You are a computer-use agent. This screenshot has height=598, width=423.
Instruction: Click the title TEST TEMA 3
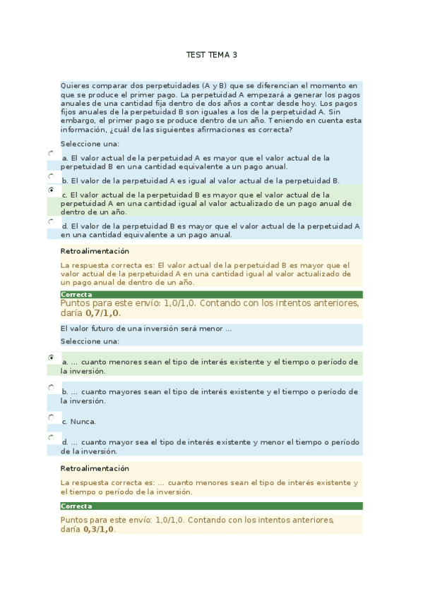pos(212,54)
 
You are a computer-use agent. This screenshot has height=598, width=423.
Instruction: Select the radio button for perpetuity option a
pos(51,153)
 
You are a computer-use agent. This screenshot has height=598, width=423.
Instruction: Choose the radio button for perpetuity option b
pos(51,176)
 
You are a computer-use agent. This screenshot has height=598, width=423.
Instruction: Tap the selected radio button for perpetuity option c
pos(51,190)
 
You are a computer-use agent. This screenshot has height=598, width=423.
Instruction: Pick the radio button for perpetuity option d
pos(51,221)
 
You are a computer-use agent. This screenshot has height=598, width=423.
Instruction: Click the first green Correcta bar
pos(212,294)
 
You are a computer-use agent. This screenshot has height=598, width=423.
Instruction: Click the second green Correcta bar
pos(212,506)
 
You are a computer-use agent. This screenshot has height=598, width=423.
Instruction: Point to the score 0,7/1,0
pos(103,313)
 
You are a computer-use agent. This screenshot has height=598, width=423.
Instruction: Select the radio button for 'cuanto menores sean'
pos(51,358)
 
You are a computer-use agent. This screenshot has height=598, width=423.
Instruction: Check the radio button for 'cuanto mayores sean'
pos(51,387)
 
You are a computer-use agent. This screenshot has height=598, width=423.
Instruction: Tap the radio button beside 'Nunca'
pos(51,417)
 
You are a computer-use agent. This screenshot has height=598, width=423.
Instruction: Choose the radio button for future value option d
pos(51,437)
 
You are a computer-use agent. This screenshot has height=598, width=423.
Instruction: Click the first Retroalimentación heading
pos(95,251)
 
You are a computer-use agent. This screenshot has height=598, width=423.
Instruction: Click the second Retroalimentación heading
pos(95,468)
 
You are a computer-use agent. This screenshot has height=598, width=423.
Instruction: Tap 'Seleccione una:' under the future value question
pos(90,341)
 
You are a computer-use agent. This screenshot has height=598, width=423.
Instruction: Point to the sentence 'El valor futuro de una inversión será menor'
pos(145,329)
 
